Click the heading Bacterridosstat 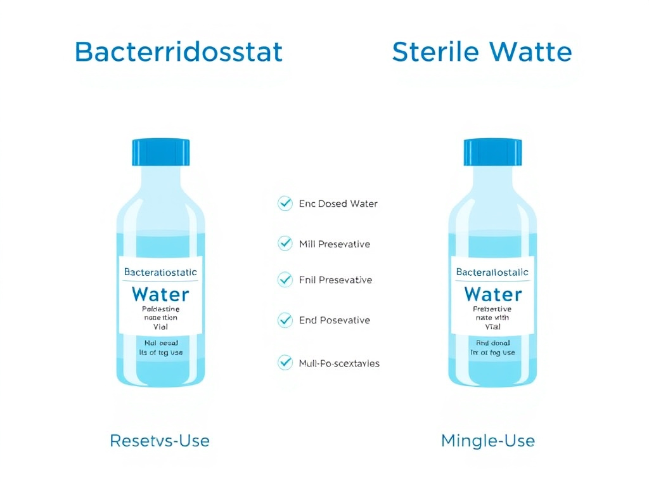click(178, 51)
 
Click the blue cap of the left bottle click(161, 152)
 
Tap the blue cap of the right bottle click(492, 152)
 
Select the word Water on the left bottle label click(160, 294)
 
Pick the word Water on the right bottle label click(492, 294)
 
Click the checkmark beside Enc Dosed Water click(285, 204)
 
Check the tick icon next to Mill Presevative click(285, 243)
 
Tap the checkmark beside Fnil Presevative click(285, 280)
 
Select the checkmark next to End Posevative click(285, 320)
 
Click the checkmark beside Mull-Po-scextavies click(285, 363)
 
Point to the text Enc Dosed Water click(338, 204)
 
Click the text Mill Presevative click(334, 244)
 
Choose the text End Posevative click(334, 320)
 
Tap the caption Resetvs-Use click(160, 440)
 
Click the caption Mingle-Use click(488, 440)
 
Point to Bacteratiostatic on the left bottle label click(160, 272)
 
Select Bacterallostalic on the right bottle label click(492, 272)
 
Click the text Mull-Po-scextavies click(339, 363)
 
